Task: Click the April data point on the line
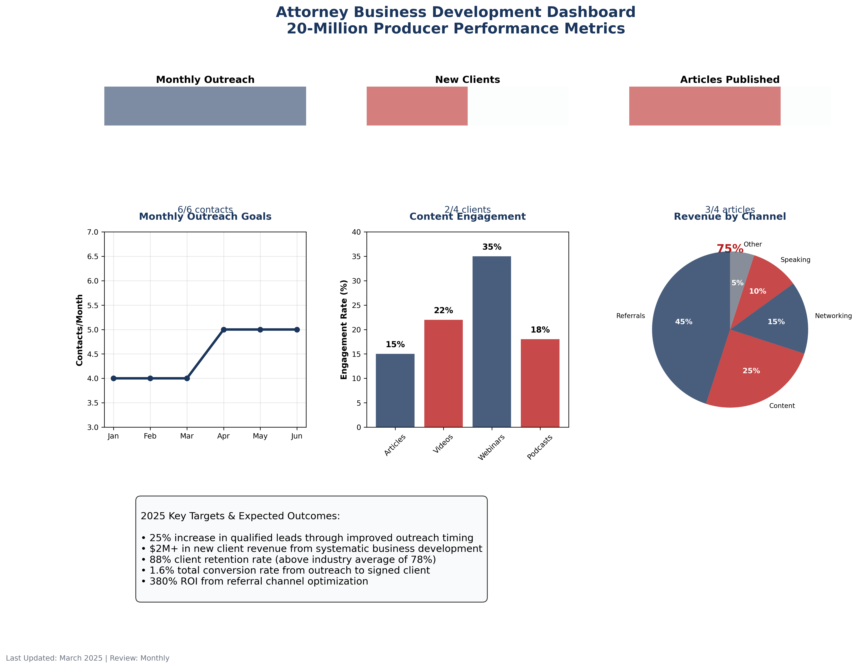pyautogui.click(x=223, y=329)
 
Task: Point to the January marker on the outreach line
pyautogui.click(x=114, y=378)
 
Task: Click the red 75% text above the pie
pyautogui.click(x=729, y=248)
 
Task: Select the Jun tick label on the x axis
pyautogui.click(x=297, y=436)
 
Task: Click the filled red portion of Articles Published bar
pyautogui.click(x=704, y=106)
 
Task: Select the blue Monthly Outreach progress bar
pyautogui.click(x=205, y=106)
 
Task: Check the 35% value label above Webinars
pyautogui.click(x=492, y=247)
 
